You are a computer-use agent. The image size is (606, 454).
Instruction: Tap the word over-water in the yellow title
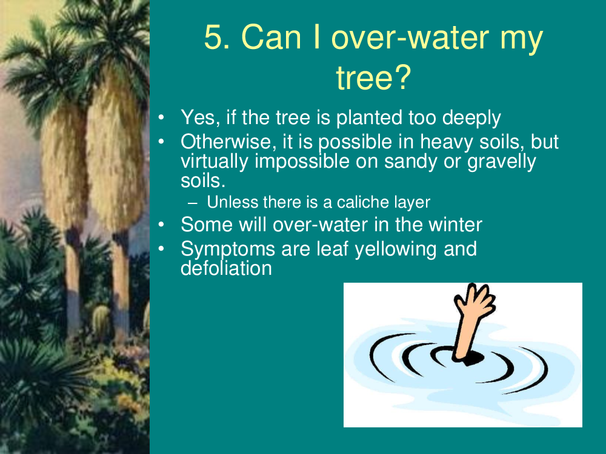click(x=410, y=37)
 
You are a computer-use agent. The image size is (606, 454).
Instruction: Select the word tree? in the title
click(x=373, y=77)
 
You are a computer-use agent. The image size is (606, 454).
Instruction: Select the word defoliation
click(x=226, y=268)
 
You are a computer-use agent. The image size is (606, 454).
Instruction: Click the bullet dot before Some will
click(x=162, y=225)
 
